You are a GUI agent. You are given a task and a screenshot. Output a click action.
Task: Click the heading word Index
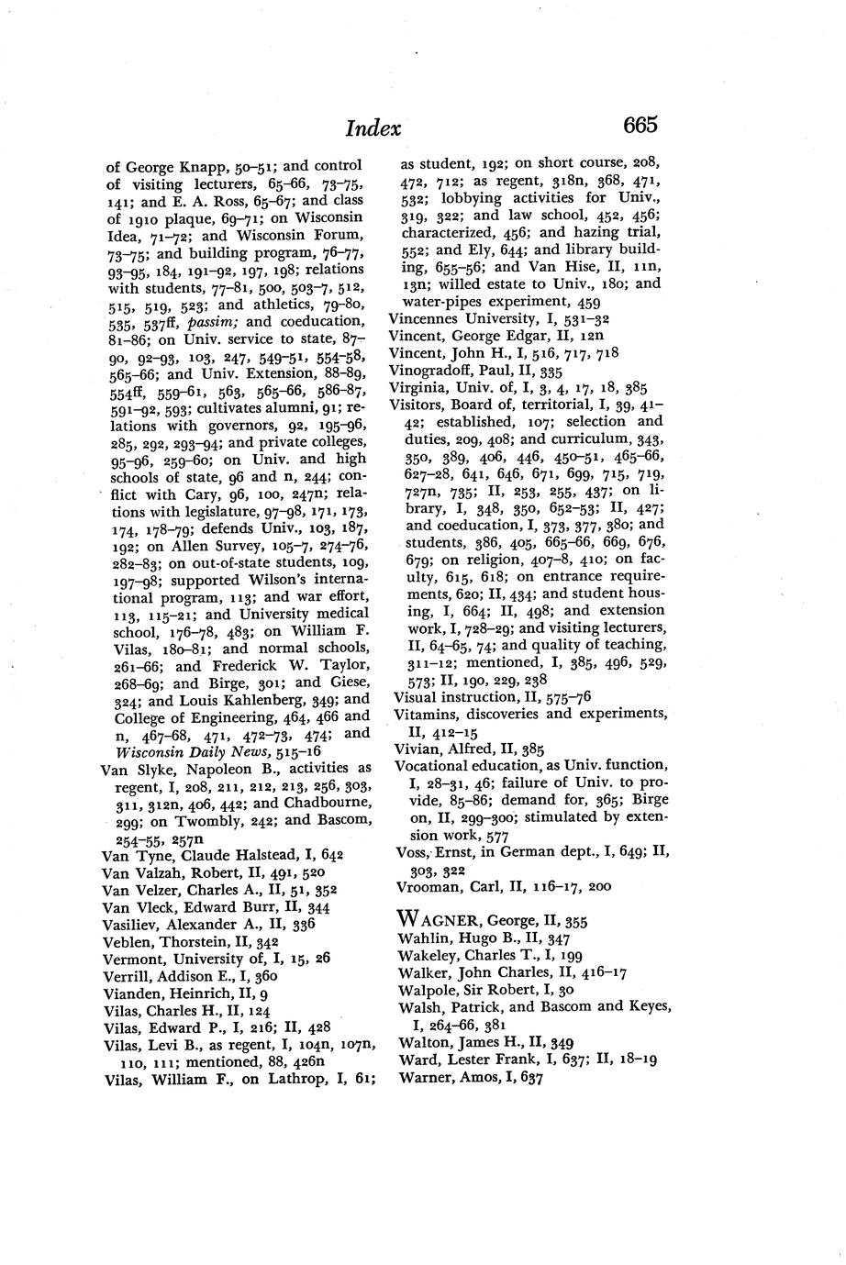click(x=373, y=128)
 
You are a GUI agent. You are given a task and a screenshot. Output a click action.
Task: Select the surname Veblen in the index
click(x=126, y=939)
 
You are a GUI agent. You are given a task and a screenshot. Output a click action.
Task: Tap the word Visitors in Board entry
click(x=419, y=404)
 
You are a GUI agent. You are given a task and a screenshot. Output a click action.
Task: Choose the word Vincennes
click(x=428, y=318)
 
